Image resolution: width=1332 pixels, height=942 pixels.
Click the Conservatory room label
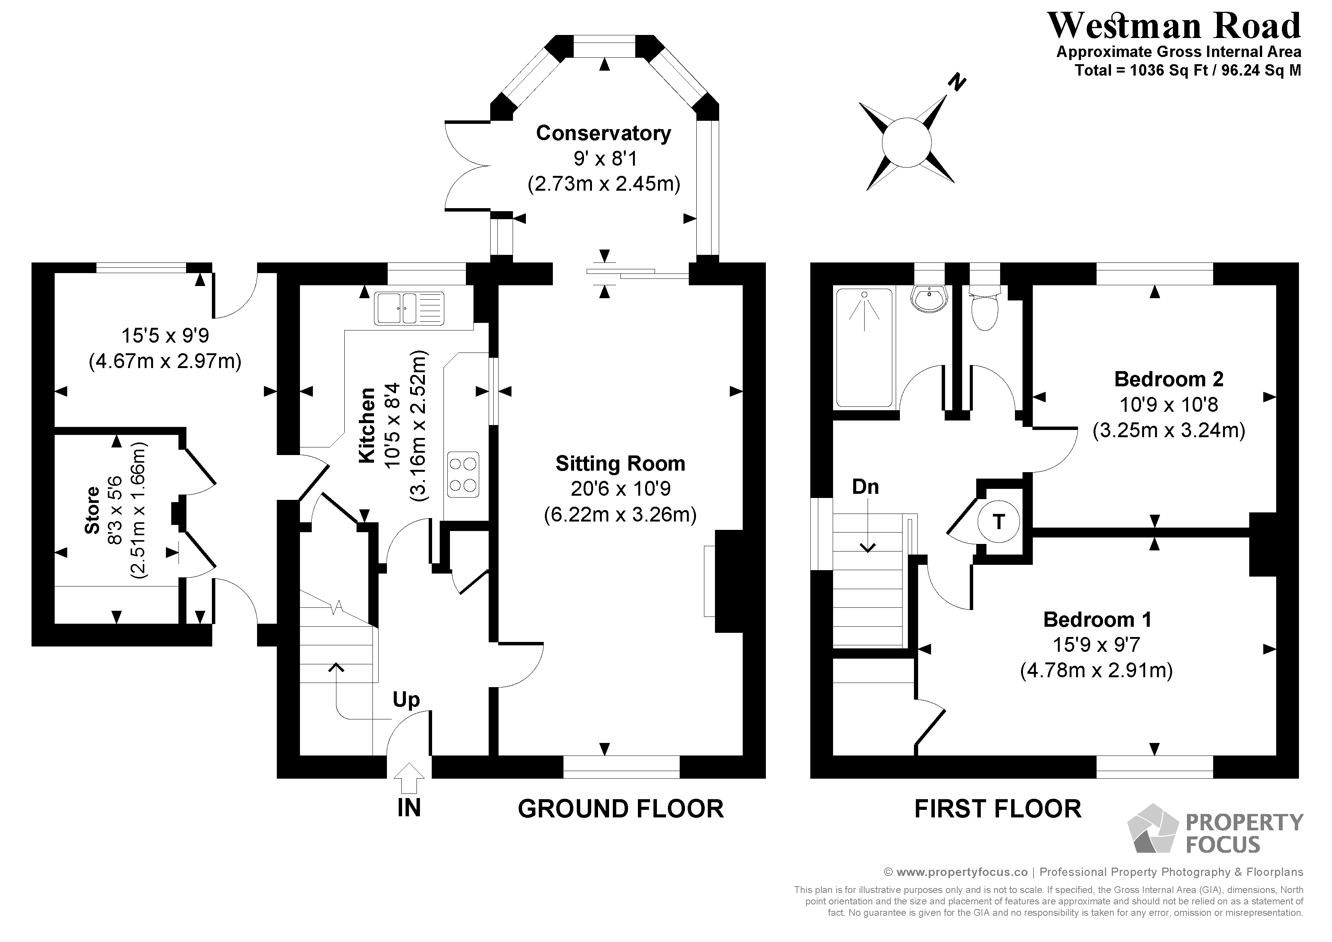603,133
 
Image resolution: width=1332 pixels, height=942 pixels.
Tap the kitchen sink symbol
409,308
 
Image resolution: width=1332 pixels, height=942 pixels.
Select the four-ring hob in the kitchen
463,474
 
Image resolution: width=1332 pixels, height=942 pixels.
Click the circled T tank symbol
998,522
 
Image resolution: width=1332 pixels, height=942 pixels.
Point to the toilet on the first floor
985,310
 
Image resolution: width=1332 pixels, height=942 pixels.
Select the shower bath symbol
864,348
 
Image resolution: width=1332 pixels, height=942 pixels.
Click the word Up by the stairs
406,700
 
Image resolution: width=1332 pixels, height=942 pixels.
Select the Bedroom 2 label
1168,379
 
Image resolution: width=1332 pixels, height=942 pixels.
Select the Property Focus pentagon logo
1152,829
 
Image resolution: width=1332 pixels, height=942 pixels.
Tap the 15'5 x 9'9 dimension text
165,335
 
